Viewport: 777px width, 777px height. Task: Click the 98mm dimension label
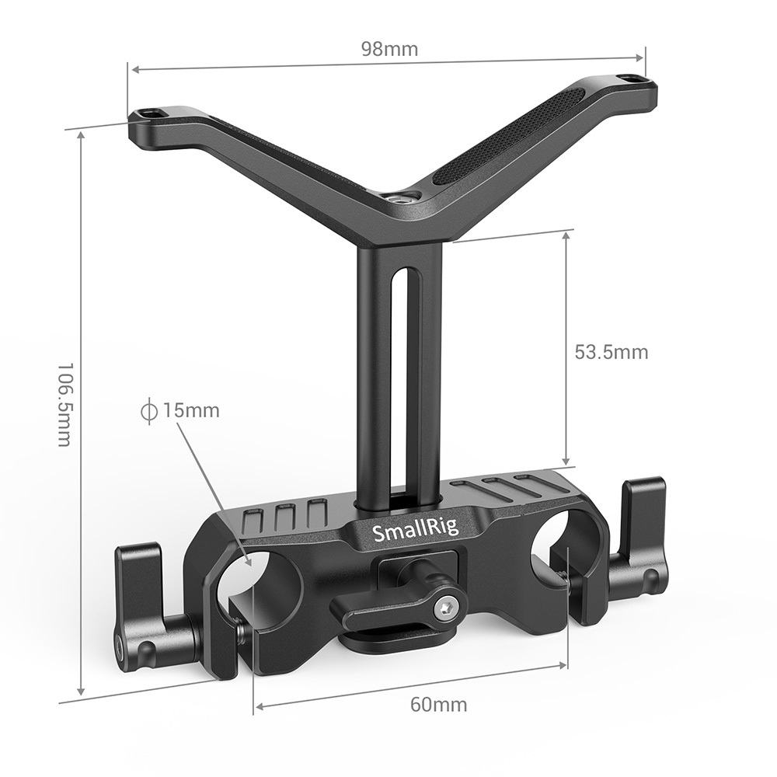(x=389, y=50)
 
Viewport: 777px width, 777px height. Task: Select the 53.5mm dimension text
(x=611, y=352)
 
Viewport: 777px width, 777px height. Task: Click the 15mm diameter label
(x=190, y=409)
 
